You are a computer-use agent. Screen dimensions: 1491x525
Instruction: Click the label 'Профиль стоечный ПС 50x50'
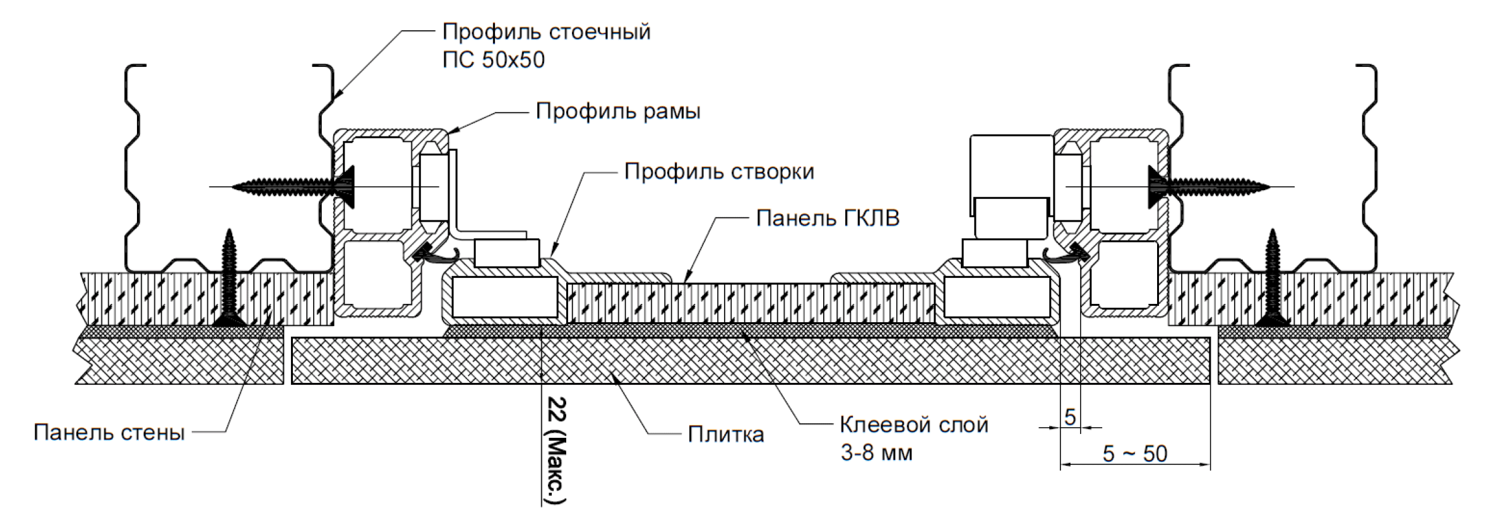coord(546,45)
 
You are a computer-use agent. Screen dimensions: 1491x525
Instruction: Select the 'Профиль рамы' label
coord(618,112)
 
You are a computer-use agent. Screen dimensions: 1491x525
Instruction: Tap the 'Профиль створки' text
coord(719,171)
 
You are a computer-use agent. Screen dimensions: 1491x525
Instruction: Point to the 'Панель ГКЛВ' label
coord(828,219)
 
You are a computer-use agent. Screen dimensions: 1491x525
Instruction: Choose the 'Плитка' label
coord(726,434)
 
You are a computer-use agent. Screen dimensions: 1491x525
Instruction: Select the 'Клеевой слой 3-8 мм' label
coord(914,438)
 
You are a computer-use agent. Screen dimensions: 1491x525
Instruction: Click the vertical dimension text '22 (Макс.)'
coord(557,450)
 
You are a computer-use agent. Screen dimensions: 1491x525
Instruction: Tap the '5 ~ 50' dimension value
coord(1135,454)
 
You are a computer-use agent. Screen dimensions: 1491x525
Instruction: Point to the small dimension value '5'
coord(1070,417)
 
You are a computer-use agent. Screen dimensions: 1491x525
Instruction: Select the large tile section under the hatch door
coord(751,361)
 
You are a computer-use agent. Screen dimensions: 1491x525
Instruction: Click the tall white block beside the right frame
coord(1011,166)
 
